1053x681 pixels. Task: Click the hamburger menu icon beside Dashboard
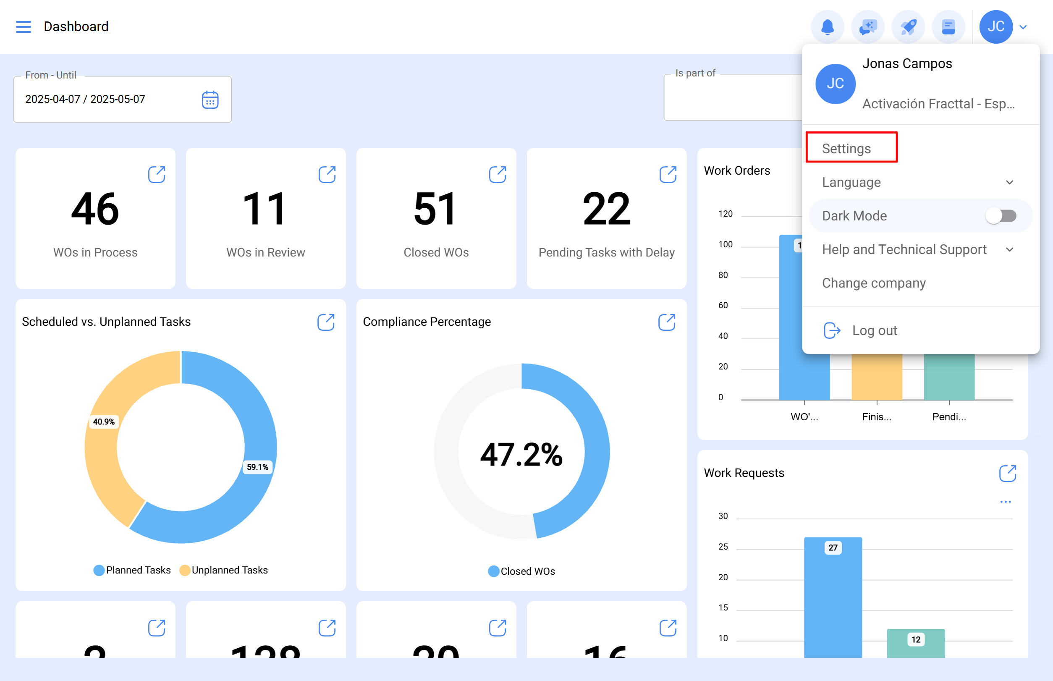24,26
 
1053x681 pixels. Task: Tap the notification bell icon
827,27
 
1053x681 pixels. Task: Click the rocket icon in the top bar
908,27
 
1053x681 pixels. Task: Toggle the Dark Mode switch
1001,216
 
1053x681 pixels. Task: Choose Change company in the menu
873,283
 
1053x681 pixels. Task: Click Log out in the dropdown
874,330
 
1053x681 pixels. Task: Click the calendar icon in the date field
210,100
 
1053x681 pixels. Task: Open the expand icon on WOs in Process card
157,175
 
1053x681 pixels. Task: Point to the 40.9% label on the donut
103,422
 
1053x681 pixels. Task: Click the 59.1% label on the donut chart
257,467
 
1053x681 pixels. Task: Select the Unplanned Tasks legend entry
224,570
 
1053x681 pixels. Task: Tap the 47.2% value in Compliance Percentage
521,455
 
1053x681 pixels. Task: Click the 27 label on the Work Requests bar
833,547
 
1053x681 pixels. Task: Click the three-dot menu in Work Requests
1005,501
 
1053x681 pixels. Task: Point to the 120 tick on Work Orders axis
725,214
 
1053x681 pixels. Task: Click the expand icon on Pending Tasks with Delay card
668,175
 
